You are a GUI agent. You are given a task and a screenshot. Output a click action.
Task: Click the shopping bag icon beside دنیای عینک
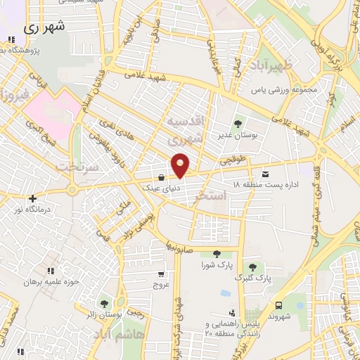pos(162,176)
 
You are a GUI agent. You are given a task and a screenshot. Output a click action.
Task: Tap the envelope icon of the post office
pos(265,174)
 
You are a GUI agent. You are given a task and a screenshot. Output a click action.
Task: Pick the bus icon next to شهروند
pos(279,305)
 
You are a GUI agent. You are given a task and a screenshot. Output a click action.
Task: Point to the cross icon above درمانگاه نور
pos(32,198)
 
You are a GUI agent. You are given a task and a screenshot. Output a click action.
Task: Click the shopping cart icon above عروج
pos(162,274)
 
